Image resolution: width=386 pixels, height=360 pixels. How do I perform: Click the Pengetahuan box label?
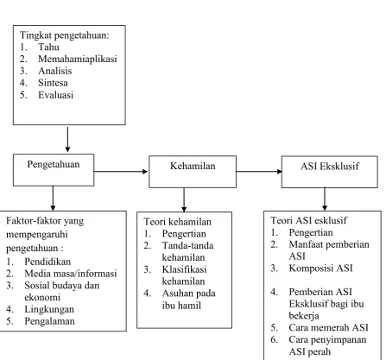[x=54, y=165]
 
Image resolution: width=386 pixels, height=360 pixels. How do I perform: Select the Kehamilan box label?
[x=193, y=166]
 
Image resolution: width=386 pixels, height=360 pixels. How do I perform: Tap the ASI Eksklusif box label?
[x=330, y=167]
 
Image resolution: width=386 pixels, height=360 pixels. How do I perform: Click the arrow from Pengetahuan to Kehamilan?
[x=121, y=172]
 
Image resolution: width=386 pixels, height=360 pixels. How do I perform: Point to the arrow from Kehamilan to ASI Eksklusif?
[x=259, y=172]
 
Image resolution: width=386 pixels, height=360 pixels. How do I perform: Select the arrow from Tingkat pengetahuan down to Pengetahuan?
[x=67, y=140]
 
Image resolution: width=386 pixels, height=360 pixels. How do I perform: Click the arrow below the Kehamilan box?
[x=184, y=200]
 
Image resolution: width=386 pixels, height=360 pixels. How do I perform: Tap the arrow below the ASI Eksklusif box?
[x=325, y=199]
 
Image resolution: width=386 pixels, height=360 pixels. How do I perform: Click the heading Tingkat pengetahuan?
[x=65, y=35]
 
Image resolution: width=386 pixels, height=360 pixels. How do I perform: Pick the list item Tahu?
[x=48, y=47]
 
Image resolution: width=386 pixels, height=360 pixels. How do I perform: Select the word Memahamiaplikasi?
[x=78, y=59]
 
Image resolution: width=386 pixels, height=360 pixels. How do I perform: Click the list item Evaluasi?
[x=56, y=95]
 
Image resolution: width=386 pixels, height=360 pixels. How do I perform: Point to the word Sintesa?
[x=53, y=83]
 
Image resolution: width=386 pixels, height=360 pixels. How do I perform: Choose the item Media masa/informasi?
[x=71, y=274]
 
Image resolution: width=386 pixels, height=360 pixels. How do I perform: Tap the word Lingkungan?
[x=49, y=309]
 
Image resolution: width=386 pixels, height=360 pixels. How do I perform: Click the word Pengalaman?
[x=49, y=321]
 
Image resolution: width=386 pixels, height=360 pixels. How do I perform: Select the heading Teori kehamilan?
[x=178, y=222]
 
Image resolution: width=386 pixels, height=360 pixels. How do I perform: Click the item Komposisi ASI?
[x=320, y=268]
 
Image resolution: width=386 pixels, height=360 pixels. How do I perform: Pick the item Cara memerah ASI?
[x=328, y=328]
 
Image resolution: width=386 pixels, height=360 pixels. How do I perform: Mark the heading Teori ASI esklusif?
[x=308, y=220]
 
